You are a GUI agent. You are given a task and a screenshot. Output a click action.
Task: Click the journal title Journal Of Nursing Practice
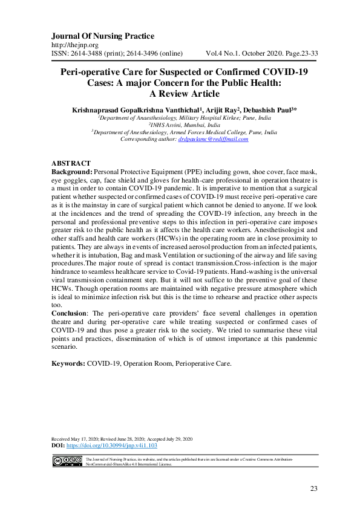tap(102, 36)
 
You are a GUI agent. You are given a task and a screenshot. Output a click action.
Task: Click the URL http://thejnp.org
tap(75, 45)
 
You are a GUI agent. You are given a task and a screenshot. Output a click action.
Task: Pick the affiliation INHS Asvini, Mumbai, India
tap(180, 125)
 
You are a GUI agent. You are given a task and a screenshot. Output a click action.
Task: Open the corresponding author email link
tap(213, 139)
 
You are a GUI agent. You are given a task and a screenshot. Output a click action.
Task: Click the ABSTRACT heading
tap(71, 164)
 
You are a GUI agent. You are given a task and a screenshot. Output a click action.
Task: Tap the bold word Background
tap(72, 172)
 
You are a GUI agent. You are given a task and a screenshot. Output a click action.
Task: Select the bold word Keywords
tap(68, 364)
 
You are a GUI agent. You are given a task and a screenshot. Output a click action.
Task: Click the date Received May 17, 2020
tap(82, 438)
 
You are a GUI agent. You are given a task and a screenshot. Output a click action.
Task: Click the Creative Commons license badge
tap(67, 462)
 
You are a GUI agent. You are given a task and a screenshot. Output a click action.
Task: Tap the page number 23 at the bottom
tap(313, 488)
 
